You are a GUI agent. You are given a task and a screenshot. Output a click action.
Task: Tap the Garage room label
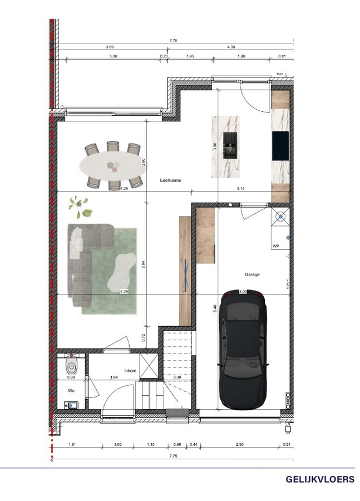pos(252,274)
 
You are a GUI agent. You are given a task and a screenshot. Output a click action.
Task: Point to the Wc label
pos(71,391)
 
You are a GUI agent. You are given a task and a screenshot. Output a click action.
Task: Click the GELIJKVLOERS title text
pos(320,479)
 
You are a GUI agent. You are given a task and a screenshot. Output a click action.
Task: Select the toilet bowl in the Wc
pos(72,366)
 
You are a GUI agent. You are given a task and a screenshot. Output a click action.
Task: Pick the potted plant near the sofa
pos(81,207)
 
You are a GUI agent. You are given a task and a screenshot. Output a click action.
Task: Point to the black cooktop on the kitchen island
pos(229,146)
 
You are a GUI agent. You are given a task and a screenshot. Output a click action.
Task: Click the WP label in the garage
pos(275,245)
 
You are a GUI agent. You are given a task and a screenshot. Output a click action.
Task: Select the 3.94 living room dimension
pos(144,265)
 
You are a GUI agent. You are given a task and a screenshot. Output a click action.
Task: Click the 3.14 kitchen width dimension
pos(241,190)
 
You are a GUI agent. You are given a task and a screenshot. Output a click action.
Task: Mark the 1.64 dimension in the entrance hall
pos(114,377)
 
